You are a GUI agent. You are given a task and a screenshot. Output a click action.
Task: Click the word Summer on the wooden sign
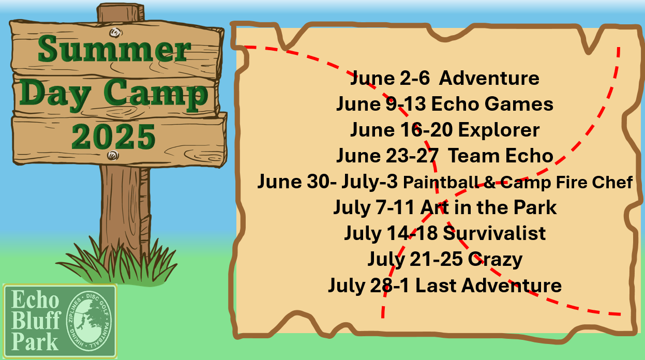(114, 49)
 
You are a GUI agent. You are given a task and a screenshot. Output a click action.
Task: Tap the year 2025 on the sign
(113, 136)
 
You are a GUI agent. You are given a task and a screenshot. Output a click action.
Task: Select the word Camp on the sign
(156, 94)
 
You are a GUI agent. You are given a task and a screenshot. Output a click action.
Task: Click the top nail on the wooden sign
(115, 33)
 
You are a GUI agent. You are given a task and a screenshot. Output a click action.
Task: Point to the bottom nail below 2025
(113, 156)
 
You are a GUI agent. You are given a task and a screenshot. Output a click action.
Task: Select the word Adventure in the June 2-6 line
(489, 78)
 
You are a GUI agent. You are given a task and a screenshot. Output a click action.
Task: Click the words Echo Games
(492, 103)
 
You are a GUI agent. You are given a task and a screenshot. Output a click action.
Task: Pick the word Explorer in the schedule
(499, 130)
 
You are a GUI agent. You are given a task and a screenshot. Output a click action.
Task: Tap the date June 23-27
(387, 156)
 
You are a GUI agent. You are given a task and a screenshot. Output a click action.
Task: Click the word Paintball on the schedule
(441, 182)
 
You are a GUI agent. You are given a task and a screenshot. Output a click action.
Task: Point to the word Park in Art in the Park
(535, 207)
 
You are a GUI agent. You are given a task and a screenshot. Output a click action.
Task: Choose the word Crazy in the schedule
(495, 260)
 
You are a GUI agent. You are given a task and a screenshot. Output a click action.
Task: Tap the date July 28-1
(369, 286)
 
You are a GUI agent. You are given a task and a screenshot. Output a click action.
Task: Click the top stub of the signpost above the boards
(121, 12)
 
